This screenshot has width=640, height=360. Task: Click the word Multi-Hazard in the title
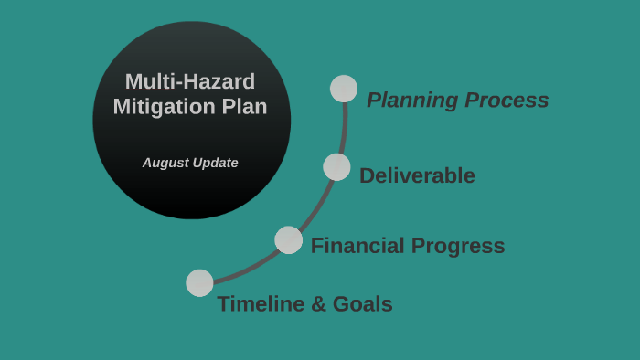pos(190,81)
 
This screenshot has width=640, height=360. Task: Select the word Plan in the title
pos(244,107)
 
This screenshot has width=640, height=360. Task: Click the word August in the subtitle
pos(165,163)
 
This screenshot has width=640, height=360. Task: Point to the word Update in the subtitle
pos(215,163)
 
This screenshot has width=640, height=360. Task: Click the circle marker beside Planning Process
pos(344,89)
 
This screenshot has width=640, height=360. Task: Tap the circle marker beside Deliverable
pos(336,167)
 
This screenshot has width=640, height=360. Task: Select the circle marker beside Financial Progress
pos(289,240)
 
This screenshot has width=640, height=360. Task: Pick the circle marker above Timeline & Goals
pos(199,283)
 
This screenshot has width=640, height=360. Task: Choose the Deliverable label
pos(417,175)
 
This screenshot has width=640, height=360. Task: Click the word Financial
pos(357,246)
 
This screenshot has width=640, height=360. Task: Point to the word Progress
pos(458,246)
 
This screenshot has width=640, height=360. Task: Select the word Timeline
pos(261,304)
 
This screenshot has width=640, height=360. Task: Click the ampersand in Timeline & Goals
pos(318,304)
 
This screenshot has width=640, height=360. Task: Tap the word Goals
pos(362,304)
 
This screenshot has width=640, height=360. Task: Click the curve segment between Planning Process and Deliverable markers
pos(344,128)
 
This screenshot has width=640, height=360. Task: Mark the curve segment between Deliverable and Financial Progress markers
pos(317,206)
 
